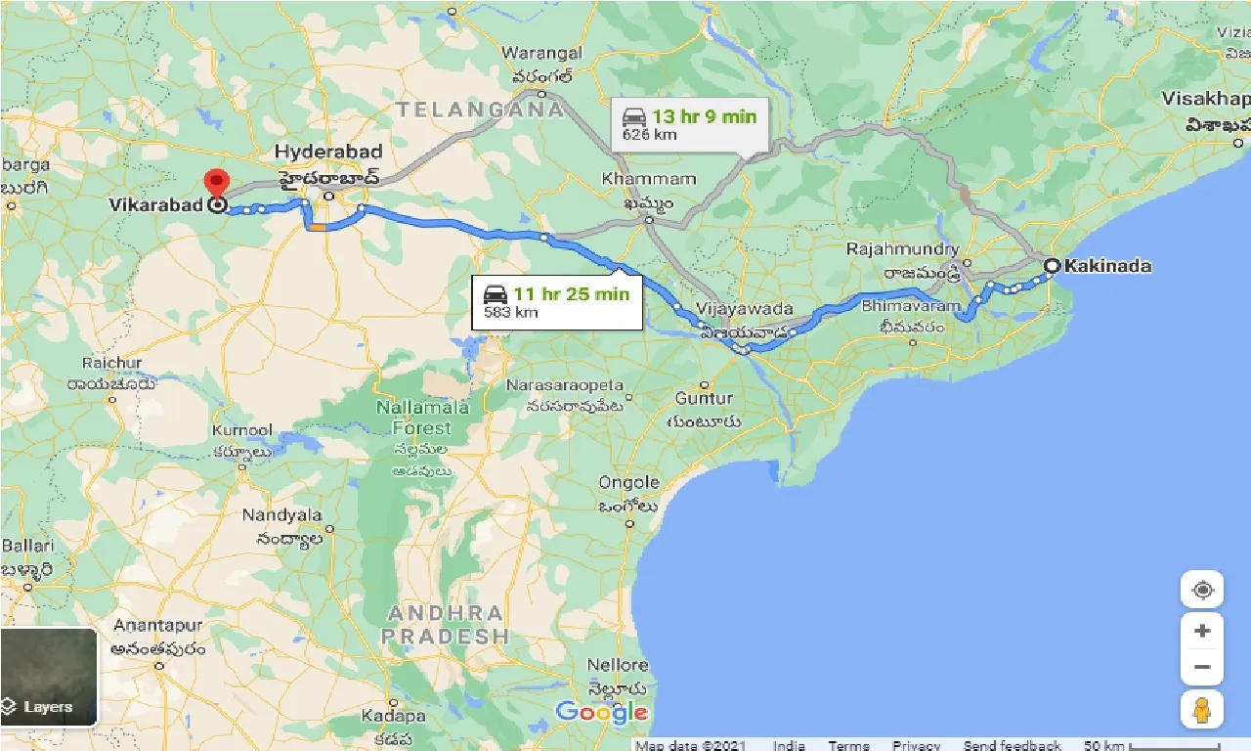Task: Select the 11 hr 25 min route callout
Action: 557,302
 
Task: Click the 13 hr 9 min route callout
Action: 689,124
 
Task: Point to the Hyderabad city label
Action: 327,152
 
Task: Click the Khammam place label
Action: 649,180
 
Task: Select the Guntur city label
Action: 703,399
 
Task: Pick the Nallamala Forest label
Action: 422,418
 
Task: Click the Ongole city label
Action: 628,483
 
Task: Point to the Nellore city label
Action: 618,665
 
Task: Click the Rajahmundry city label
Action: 903,249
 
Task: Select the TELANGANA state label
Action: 481,110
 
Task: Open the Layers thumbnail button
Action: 49,677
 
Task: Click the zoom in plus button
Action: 1202,631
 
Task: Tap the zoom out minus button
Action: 1202,667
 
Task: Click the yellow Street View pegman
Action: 1202,709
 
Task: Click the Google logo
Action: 601,712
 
